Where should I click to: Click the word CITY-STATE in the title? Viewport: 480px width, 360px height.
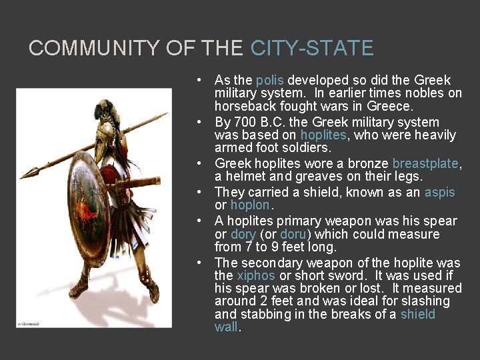coord(312,48)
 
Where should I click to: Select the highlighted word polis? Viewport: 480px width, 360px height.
coord(269,80)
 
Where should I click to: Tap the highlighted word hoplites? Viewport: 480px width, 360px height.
coord(323,135)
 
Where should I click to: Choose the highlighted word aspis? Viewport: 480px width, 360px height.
coord(439,193)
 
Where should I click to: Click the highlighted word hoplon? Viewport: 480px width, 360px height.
coord(250,205)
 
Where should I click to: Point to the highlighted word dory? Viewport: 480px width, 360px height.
coord(243,234)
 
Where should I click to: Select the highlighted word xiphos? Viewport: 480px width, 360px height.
coord(255,275)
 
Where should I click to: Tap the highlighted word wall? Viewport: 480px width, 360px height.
coord(226,327)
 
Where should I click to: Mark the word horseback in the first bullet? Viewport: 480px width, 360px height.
coord(244,106)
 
